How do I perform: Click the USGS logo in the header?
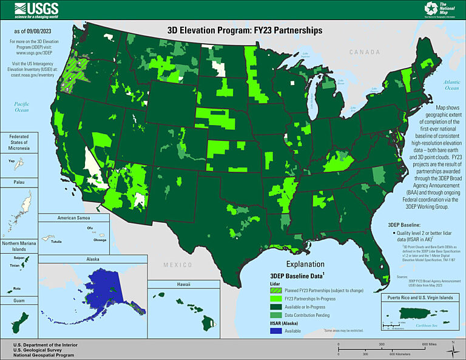[x=37, y=9]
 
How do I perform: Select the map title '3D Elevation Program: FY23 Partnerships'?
[x=245, y=29]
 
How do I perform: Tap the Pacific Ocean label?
[x=22, y=107]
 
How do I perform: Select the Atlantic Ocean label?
[x=451, y=85]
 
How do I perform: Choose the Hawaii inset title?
[x=184, y=284]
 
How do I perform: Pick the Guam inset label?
[x=13, y=300]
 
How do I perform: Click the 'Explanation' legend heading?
[x=305, y=265]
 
